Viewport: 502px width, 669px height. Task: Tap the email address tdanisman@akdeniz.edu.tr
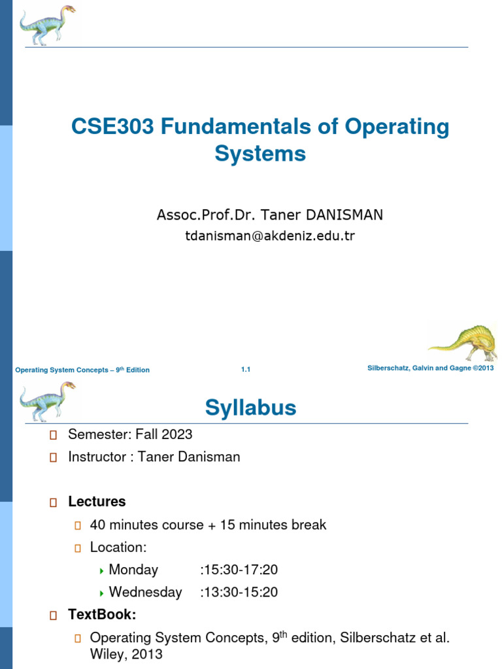point(269,236)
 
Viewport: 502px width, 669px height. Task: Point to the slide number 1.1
point(246,370)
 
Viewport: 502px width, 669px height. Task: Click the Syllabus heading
point(250,408)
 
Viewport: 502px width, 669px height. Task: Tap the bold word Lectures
point(97,502)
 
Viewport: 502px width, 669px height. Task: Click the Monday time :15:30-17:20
point(239,570)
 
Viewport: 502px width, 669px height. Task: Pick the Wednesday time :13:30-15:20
point(239,593)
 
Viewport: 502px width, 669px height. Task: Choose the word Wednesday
point(145,593)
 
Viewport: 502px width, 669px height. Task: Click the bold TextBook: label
point(102,615)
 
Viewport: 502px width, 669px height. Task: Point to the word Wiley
point(107,654)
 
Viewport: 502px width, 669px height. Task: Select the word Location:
point(118,547)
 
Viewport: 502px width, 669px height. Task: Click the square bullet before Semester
point(54,435)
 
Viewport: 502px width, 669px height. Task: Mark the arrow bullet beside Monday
point(102,570)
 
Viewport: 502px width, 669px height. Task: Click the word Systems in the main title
point(260,154)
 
